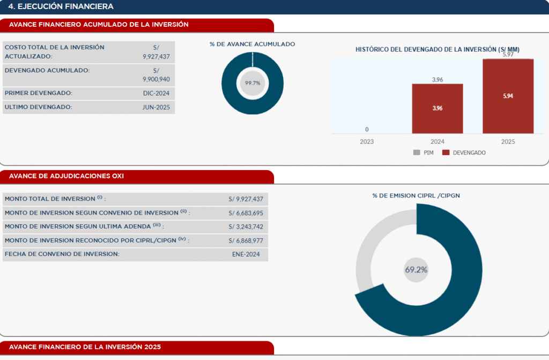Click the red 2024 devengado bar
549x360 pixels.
coord(437,108)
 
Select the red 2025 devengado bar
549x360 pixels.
coord(508,96)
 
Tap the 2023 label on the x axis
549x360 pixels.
coord(367,142)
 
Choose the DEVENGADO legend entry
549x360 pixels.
coord(464,153)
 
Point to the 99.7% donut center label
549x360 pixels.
coord(253,83)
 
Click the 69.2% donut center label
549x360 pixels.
coord(416,270)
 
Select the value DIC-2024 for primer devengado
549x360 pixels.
coord(156,93)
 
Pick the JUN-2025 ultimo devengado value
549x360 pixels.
coord(156,107)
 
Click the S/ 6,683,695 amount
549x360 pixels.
coord(246,213)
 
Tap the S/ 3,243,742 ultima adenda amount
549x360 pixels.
coord(246,227)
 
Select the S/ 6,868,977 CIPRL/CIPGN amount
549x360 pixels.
coord(246,241)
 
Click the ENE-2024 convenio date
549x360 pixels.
coord(246,254)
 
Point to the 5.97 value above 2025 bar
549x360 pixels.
coord(508,55)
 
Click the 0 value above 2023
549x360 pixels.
coord(367,129)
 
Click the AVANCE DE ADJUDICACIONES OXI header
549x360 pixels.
coord(66,176)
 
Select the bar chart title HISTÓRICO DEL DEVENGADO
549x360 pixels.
coord(437,49)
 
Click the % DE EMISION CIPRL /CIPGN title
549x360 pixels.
coord(416,196)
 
